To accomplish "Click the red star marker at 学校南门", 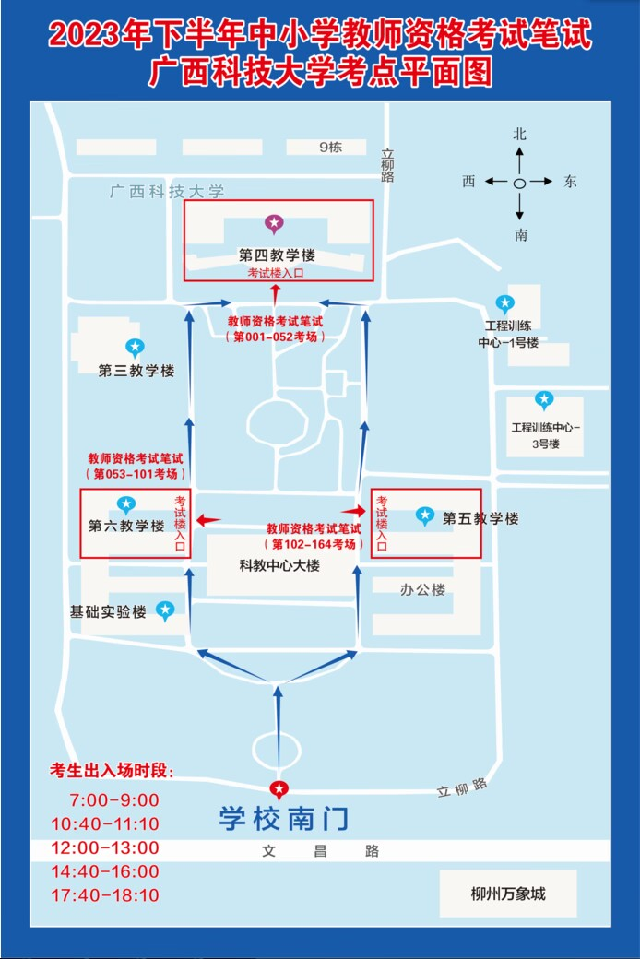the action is point(279,789).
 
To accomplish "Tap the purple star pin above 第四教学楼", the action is point(274,224).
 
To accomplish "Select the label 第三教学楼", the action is point(136,371).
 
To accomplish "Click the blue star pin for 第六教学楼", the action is point(126,504).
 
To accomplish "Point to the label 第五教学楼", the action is point(480,518).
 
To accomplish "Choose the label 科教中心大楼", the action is point(279,566).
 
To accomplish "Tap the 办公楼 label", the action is point(422,589).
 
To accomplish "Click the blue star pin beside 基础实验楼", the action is point(164,610).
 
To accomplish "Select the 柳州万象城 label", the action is point(508,894).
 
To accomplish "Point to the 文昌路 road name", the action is point(321,851).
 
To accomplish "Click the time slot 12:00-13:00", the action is point(105,847).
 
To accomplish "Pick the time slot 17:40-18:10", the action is point(105,895).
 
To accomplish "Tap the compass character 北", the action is point(519,134).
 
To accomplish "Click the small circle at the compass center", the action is point(519,183).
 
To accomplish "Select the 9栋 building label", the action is point(330,148).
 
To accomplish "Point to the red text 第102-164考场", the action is point(314,544).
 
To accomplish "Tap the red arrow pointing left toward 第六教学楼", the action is point(207,520).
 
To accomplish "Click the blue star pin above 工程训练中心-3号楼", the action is point(544,400).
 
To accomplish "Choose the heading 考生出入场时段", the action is point(112,771).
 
